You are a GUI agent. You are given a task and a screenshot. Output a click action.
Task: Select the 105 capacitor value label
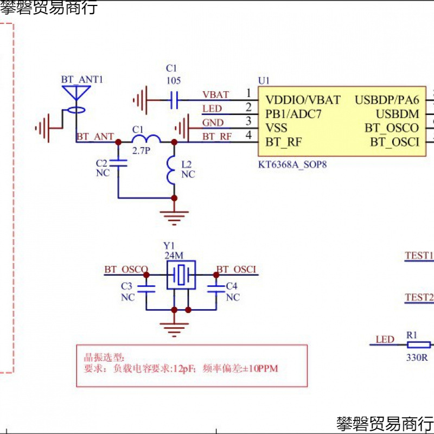pyautogui.click(x=174, y=81)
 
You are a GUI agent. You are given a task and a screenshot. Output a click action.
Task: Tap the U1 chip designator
pyautogui.click(x=264, y=80)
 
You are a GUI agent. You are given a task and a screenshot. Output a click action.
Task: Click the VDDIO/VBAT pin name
pyautogui.click(x=303, y=100)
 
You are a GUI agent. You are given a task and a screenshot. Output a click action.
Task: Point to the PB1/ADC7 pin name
pyautogui.click(x=293, y=114)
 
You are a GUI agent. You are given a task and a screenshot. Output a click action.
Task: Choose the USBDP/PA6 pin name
pyautogui.click(x=387, y=100)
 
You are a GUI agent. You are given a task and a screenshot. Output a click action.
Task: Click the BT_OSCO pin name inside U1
pyautogui.click(x=392, y=129)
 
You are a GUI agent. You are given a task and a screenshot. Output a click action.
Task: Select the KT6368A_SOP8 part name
pyautogui.click(x=293, y=163)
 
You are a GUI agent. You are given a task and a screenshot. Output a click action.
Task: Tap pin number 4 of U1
pyautogui.click(x=248, y=135)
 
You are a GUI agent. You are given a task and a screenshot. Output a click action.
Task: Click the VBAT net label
pyautogui.click(x=215, y=95)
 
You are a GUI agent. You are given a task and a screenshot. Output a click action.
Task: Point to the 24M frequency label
pyautogui.click(x=174, y=255)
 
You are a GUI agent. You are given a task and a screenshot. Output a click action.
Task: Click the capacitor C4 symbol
pyautogui.click(x=216, y=290)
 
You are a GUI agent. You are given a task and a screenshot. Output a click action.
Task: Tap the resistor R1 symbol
pyautogui.click(x=418, y=344)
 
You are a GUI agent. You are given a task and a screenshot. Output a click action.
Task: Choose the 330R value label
pyautogui.click(x=418, y=358)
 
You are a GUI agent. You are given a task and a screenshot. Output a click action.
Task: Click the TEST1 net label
pyautogui.click(x=419, y=256)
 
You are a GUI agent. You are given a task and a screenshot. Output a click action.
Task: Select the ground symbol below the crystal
pyautogui.click(x=174, y=327)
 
